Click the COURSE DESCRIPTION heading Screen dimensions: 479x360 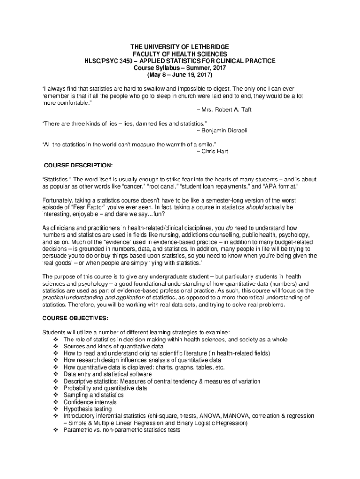coord(78,165)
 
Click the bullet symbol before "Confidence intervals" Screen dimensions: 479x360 coord(56,402)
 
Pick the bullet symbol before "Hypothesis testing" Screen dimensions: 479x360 coord(56,409)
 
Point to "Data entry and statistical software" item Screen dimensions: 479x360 coord(108,374)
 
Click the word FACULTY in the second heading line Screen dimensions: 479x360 coord(146,54)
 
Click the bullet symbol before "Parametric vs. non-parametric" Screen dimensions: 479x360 coord(56,430)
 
